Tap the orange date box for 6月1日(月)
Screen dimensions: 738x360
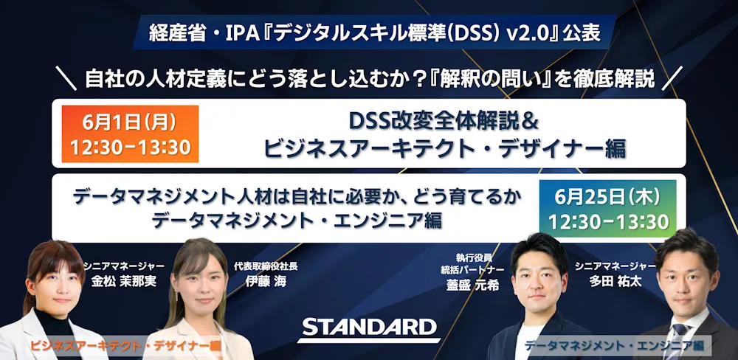pyautogui.click(x=130, y=134)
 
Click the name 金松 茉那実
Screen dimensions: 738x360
pyautogui.click(x=123, y=281)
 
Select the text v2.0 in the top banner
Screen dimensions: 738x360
pyautogui.click(x=531, y=35)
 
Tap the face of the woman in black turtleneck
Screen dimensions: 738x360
pyautogui.click(x=53, y=288)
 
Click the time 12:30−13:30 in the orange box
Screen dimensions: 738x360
pyautogui.click(x=130, y=148)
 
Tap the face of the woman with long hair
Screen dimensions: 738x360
pyautogui.click(x=199, y=285)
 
